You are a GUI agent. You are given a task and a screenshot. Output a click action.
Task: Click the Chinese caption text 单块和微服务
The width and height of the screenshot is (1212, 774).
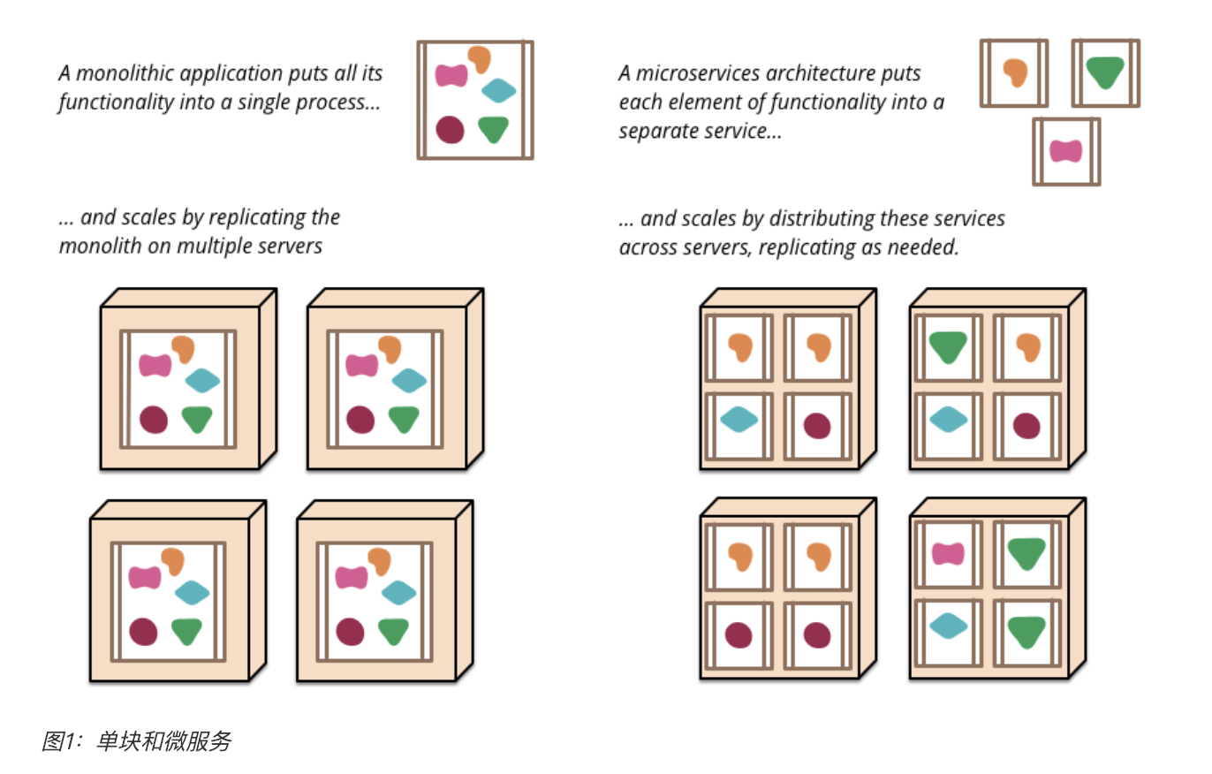point(164,741)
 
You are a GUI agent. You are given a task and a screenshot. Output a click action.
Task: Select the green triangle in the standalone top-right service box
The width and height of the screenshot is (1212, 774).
point(1105,72)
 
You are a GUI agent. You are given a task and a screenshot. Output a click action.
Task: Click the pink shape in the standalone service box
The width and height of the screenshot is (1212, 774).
point(1066,151)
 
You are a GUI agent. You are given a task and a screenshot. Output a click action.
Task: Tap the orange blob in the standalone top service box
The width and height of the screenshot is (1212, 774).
point(1015,72)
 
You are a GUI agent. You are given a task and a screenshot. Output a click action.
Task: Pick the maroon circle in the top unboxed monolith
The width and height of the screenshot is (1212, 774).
point(450,129)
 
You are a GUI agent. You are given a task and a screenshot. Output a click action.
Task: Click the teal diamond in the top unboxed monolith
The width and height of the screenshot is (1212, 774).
point(498,91)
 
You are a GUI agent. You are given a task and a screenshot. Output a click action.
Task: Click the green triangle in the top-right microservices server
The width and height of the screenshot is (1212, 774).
point(948,347)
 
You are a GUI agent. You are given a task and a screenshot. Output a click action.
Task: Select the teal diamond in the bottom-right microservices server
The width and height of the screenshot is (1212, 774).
point(948,626)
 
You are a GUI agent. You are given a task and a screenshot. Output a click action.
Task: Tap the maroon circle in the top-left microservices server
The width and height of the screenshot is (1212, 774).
point(817,426)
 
